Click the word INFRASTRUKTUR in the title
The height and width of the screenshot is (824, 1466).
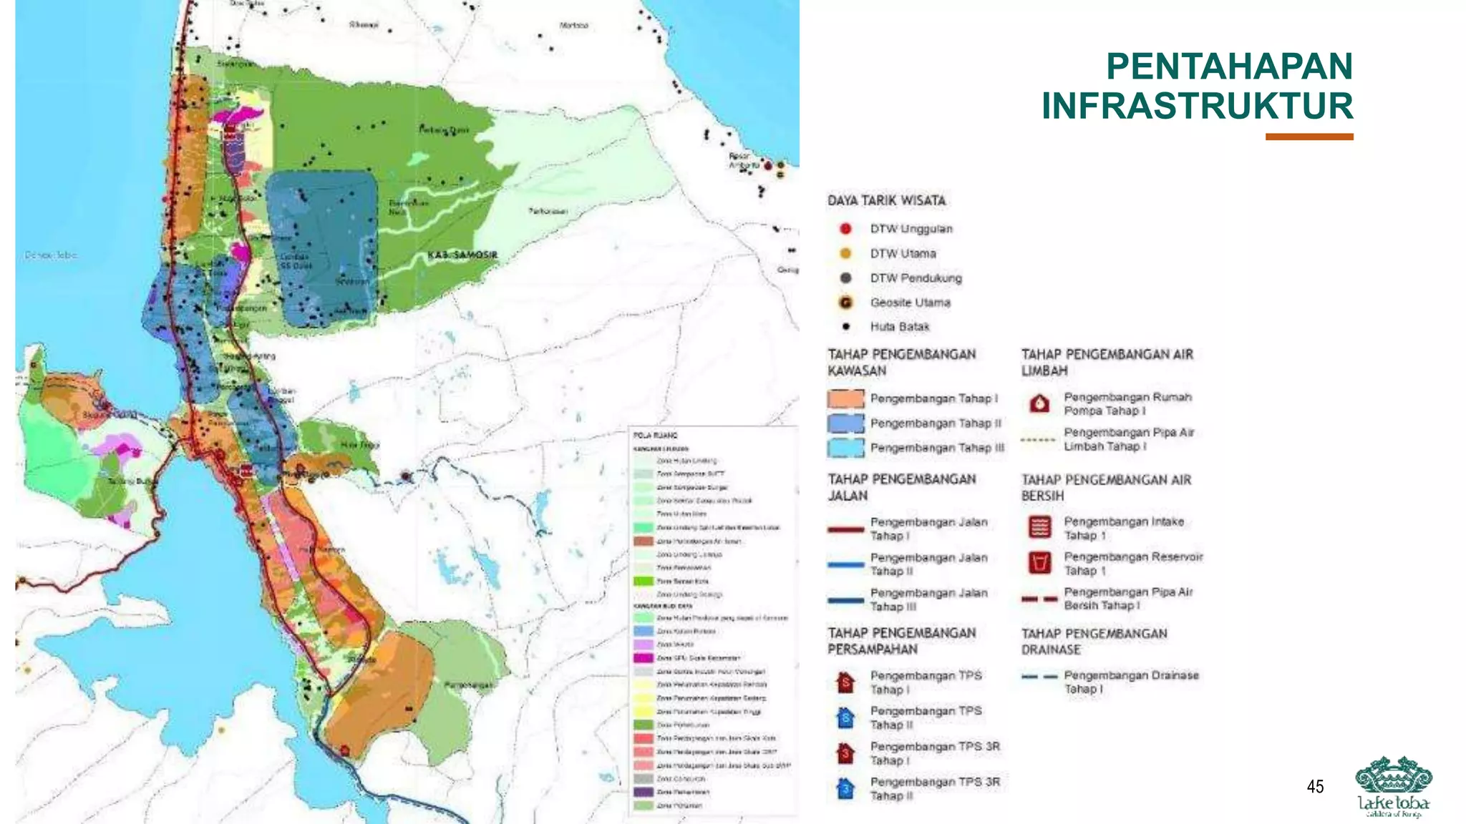[x=1197, y=106]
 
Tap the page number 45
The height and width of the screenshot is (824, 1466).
[x=1315, y=787]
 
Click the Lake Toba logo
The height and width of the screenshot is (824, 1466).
[x=1393, y=786]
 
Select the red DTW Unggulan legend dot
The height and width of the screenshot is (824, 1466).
[x=845, y=229]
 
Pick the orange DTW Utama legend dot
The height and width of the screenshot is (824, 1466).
[x=845, y=253]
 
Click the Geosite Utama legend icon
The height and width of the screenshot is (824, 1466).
[x=845, y=303]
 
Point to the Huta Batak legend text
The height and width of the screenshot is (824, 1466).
[x=899, y=327]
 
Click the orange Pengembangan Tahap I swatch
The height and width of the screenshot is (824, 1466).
[x=845, y=398]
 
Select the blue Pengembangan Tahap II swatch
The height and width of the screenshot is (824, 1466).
[x=845, y=423]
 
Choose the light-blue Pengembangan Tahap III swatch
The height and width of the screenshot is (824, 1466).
[x=845, y=448]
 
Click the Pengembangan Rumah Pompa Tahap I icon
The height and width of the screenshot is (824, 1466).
[x=1039, y=404]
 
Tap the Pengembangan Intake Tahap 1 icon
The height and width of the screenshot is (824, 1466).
[x=1039, y=528]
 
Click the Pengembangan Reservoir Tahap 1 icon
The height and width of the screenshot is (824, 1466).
[x=1039, y=563]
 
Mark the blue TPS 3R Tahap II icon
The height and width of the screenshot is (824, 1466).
[x=845, y=789]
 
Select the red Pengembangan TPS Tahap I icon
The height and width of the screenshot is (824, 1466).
[x=845, y=682]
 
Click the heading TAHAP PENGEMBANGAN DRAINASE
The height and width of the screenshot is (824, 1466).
[x=1093, y=642]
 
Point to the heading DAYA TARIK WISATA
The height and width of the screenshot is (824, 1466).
[x=886, y=201]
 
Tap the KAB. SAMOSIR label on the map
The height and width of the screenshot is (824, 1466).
[x=462, y=255]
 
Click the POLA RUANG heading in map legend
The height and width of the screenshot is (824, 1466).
[x=655, y=435]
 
